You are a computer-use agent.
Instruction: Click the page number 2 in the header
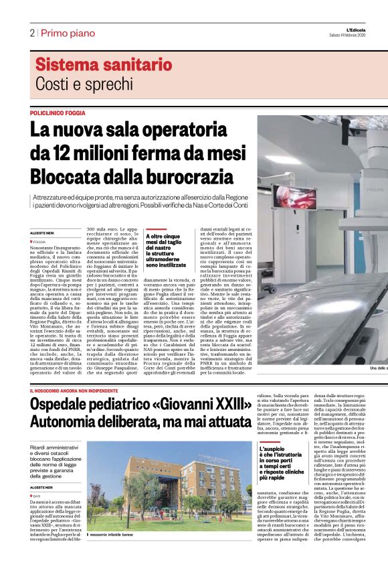pos(31,33)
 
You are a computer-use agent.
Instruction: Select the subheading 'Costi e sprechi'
pos(84,84)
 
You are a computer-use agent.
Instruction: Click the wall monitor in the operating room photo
pos(295,196)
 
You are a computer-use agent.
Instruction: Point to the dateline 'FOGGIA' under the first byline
pos(39,242)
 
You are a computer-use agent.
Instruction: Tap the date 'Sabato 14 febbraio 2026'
pos(357,35)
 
